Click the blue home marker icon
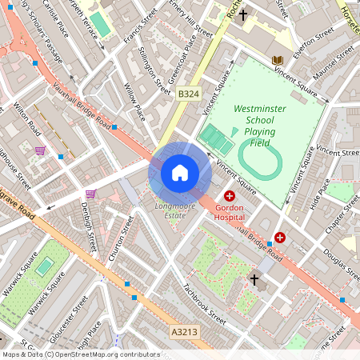click(x=179, y=172)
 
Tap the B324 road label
click(x=188, y=94)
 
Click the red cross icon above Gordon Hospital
click(x=230, y=196)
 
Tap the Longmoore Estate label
click(x=170, y=210)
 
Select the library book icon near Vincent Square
click(x=277, y=60)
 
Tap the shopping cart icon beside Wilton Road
click(x=40, y=150)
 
